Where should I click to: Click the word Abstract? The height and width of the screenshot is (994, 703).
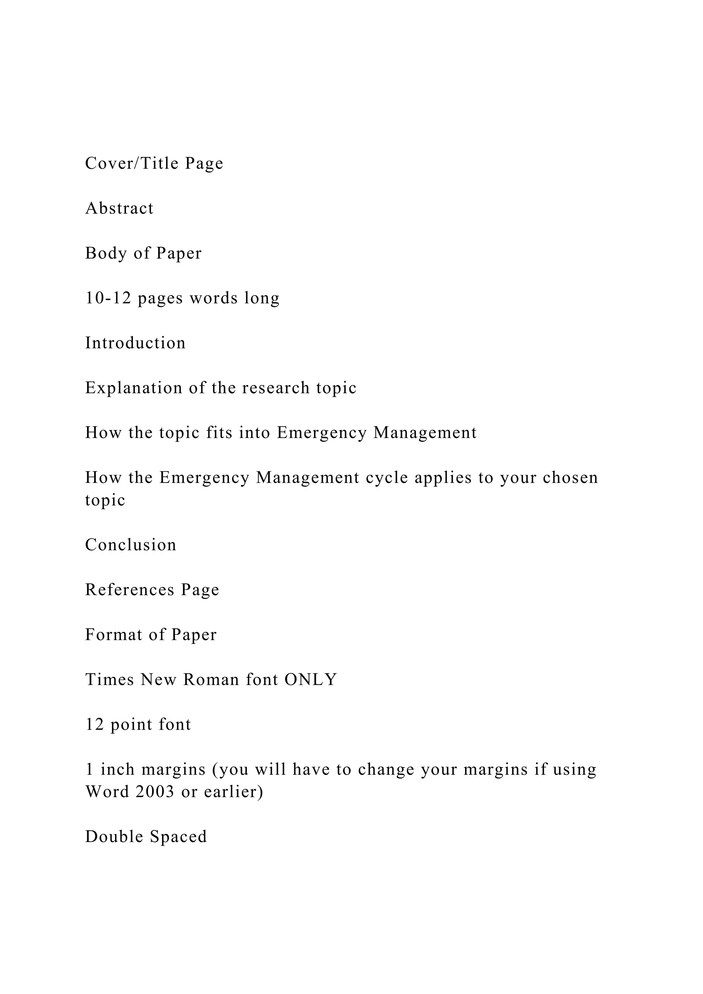pyautogui.click(x=119, y=208)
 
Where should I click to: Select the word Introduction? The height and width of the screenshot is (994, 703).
pyautogui.click(x=135, y=343)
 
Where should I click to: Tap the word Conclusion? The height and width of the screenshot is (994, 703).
pyautogui.click(x=131, y=545)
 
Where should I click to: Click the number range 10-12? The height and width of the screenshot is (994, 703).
pyautogui.click(x=108, y=298)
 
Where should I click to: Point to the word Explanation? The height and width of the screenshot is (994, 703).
pyautogui.click(x=134, y=388)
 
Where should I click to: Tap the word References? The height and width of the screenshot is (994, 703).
pyautogui.click(x=129, y=590)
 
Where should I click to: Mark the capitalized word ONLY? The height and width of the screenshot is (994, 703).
pyautogui.click(x=310, y=680)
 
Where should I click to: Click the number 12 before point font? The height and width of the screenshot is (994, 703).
pyautogui.click(x=94, y=724)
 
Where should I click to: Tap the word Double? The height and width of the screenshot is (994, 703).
pyautogui.click(x=114, y=836)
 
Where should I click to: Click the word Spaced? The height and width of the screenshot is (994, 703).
pyautogui.click(x=178, y=836)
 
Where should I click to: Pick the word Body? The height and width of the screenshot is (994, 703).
pyautogui.click(x=105, y=253)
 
